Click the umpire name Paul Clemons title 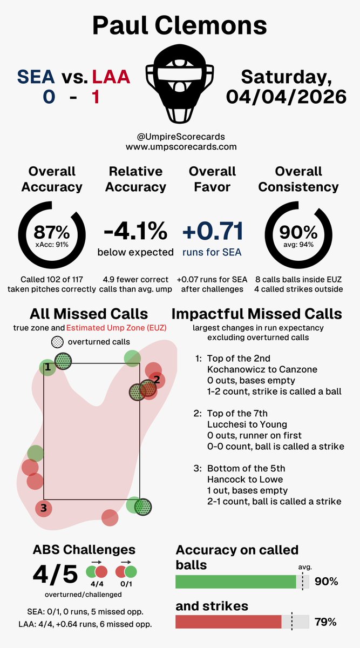point(180,26)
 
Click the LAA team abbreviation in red point(111,77)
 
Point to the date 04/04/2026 point(286,97)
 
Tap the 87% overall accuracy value point(52,232)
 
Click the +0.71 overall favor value point(212,231)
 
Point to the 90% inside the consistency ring point(298,232)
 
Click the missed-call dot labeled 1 point(47,368)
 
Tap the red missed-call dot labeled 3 point(44,508)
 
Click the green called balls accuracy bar point(236,582)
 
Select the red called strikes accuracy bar point(228,622)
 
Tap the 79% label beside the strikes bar point(325,622)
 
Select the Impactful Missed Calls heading point(256,314)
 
